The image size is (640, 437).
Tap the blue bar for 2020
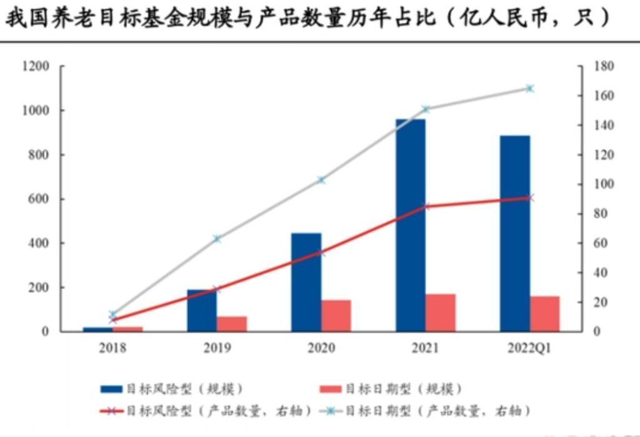click(306, 282)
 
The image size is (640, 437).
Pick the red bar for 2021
click(441, 312)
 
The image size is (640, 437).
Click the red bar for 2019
click(232, 323)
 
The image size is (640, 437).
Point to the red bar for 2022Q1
click(545, 313)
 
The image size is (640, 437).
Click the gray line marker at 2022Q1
click(529, 89)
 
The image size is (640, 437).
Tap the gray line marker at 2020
click(321, 180)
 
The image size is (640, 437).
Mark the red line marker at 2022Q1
click(529, 198)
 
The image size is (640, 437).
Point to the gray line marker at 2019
click(217, 238)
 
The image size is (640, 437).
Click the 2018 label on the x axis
click(112, 348)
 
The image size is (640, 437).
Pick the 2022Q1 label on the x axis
click(529, 348)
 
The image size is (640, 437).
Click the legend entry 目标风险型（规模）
click(172, 389)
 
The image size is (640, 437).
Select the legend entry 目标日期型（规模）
click(391, 389)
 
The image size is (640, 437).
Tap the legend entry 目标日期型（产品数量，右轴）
click(425, 411)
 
